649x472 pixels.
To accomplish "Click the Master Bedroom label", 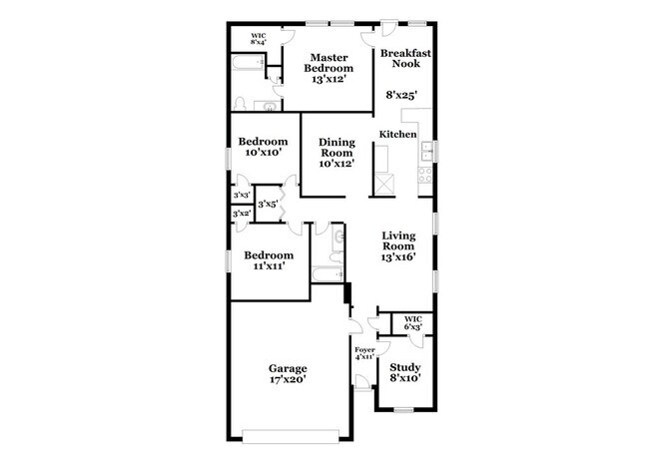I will pos(330,67).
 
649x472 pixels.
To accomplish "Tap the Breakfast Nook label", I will pos(398,57).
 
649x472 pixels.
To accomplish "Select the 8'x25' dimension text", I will pos(400,97).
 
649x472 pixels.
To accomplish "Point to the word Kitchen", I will pos(397,134).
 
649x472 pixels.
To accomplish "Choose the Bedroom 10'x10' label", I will pos(264,147).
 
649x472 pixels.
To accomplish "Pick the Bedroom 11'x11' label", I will pos(270,260).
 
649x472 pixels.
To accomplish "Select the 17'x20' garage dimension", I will pos(286,379).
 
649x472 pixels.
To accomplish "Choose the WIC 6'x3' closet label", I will pos(412,323).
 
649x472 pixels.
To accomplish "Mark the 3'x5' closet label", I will pos(268,205).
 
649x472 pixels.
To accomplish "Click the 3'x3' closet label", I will pos(241,196).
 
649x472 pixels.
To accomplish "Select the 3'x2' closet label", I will pos(241,214).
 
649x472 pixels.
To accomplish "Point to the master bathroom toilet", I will pos(240,103).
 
